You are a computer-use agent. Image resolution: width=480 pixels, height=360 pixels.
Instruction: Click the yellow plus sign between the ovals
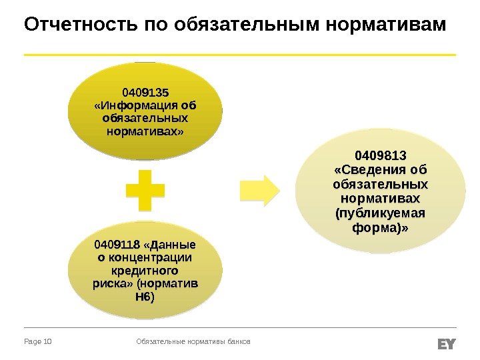145,190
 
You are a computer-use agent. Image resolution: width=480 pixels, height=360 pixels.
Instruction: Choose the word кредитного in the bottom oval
145,271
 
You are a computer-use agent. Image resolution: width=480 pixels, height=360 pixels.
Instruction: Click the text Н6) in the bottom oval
145,297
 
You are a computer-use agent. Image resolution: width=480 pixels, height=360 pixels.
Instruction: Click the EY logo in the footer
446,343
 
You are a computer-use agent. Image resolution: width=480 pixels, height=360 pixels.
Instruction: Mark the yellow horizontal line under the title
240,54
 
